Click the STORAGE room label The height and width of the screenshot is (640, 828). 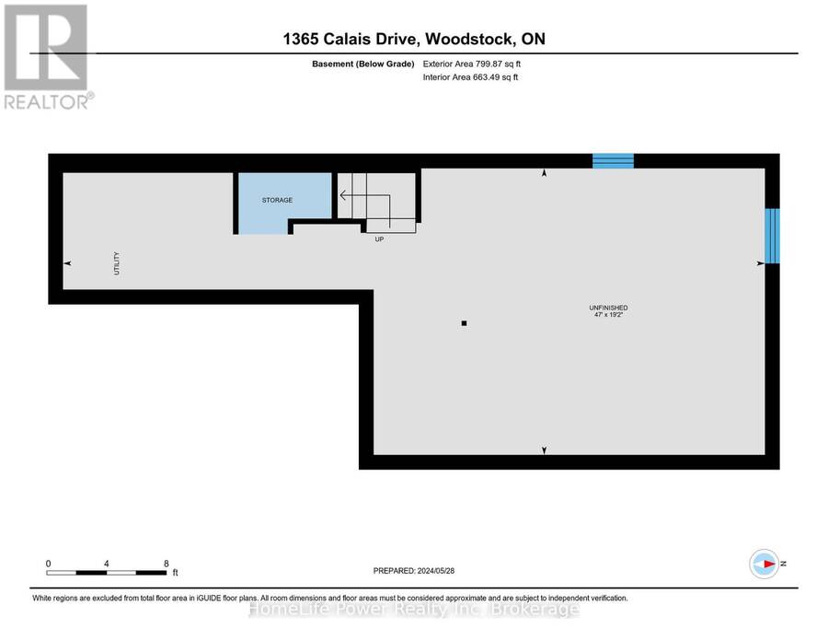277,201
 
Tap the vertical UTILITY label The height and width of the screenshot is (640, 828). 117,263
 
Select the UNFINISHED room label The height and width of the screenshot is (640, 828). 608,308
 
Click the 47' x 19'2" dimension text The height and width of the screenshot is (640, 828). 608,314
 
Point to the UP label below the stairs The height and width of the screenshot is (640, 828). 379,239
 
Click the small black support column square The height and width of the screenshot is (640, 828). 465,323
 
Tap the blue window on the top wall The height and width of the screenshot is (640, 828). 613,160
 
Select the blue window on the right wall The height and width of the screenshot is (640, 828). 772,236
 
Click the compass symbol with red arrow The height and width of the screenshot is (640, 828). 765,564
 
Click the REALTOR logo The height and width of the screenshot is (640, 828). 49,56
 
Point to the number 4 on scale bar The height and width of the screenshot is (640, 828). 106,564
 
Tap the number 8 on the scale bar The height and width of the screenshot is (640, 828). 167,564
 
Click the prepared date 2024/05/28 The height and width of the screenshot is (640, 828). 436,571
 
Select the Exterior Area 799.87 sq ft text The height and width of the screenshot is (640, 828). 472,64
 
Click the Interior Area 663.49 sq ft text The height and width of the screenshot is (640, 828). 470,77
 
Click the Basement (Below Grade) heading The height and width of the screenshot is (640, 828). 362,64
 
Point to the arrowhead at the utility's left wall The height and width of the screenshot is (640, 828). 67,263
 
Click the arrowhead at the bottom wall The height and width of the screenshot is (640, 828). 544,450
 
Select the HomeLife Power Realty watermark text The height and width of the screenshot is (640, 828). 414,610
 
